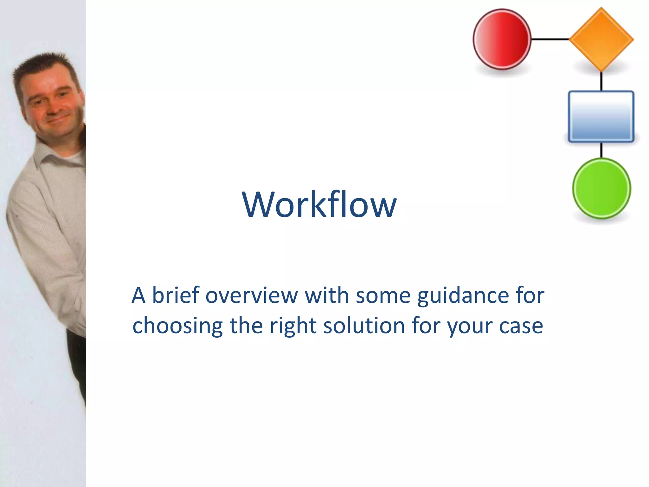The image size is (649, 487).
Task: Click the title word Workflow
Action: [319, 205]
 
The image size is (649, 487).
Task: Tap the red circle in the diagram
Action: [502, 39]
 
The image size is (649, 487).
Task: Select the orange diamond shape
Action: [601, 40]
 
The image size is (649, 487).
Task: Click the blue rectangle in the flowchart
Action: [601, 116]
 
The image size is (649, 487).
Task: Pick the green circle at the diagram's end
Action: [601, 188]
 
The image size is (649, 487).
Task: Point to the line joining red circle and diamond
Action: [550, 39]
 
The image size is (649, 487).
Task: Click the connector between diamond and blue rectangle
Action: [601, 81]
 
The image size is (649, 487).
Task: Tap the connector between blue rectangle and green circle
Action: [601, 150]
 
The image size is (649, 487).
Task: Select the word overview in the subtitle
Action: [252, 295]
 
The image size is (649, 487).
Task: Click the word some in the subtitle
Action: [383, 295]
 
